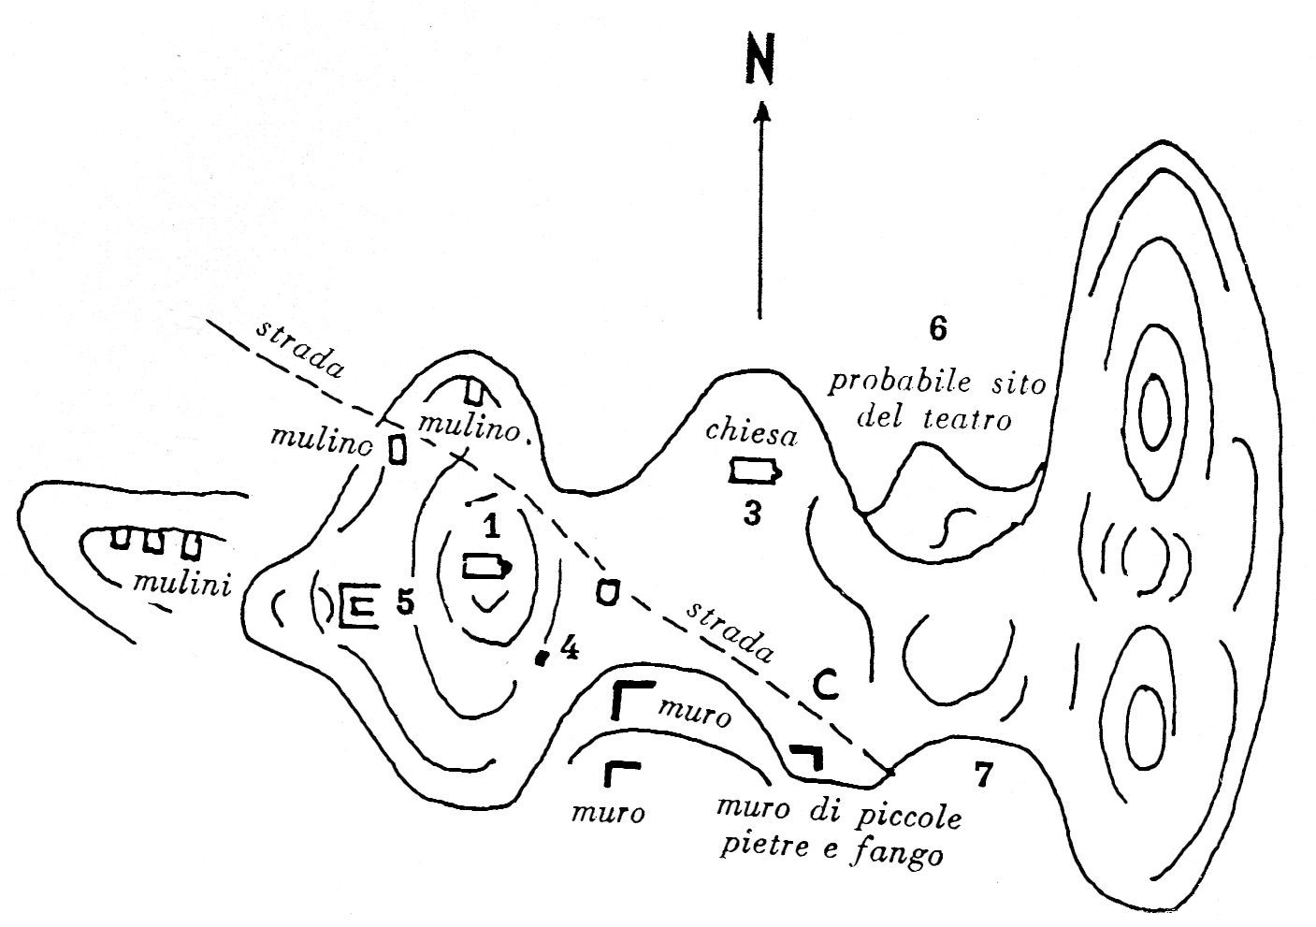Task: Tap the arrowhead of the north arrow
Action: click(x=762, y=111)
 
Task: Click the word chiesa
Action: click(x=751, y=432)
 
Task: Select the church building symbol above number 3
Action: click(x=754, y=471)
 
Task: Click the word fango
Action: click(x=904, y=854)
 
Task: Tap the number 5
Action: click(x=404, y=602)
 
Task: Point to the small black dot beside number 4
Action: click(x=541, y=658)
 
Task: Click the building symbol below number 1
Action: click(x=486, y=567)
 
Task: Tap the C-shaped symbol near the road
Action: click(x=823, y=686)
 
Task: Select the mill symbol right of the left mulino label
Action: click(x=398, y=450)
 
